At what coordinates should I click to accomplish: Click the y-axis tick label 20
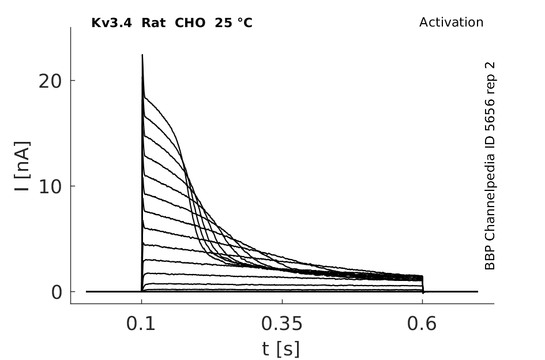[50, 81]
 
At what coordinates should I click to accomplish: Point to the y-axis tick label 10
[50, 187]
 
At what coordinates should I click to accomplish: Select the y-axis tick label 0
[57, 292]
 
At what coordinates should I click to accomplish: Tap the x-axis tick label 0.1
[140, 324]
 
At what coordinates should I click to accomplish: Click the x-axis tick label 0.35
[282, 324]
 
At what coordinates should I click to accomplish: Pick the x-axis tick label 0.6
[422, 324]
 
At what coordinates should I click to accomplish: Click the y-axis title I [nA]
[22, 166]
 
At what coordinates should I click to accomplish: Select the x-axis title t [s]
[280, 349]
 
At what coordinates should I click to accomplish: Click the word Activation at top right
[451, 22]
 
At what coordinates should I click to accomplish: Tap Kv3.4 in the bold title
[111, 23]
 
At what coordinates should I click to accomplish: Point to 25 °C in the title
[233, 23]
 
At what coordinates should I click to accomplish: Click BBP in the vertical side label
[490, 257]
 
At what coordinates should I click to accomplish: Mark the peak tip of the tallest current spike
[142, 55]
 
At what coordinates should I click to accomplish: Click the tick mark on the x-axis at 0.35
[282, 301]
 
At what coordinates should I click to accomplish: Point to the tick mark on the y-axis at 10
[73, 186]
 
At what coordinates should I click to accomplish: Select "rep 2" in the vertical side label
[490, 78]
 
